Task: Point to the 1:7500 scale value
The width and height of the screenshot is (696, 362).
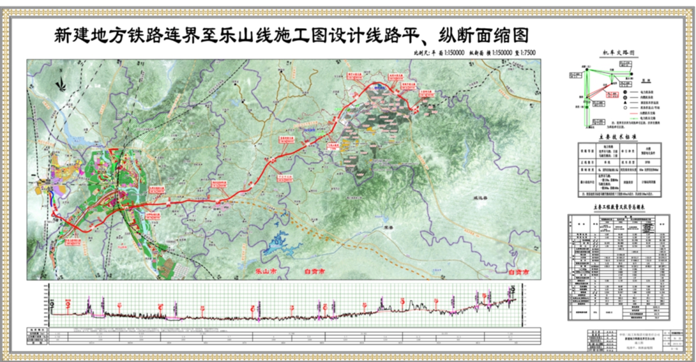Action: pyautogui.click(x=526, y=53)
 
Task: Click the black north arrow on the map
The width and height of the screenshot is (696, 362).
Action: pyautogui.click(x=59, y=85)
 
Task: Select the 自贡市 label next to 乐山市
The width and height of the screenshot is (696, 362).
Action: pyautogui.click(x=314, y=272)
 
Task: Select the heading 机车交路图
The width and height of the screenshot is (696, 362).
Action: pyautogui.click(x=618, y=52)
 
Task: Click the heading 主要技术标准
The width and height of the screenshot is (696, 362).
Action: pyautogui.click(x=618, y=137)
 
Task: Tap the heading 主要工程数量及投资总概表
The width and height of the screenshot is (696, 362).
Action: pyautogui.click(x=618, y=208)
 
